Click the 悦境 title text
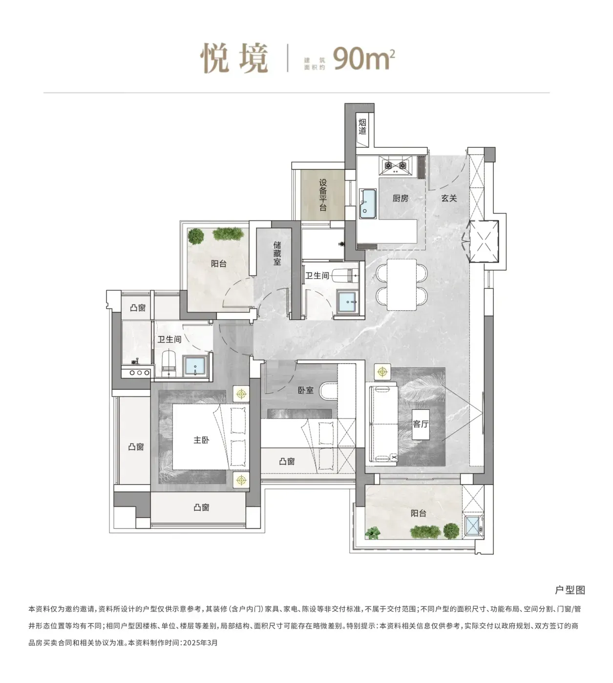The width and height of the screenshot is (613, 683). pos(234,58)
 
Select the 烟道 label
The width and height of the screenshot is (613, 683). pos(362,126)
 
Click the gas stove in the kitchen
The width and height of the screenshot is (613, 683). pos(396,165)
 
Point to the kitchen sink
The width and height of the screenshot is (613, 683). pos(367,203)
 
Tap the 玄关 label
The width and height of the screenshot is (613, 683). pos(449,198)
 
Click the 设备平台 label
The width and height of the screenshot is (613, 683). pos(323,195)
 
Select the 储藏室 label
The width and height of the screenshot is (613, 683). pos(277,253)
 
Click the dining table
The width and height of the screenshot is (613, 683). pos(402,284)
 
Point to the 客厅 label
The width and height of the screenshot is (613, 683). pos(421,424)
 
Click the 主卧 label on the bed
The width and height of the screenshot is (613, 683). pos(202,440)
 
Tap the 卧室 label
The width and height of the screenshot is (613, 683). pos(305,390)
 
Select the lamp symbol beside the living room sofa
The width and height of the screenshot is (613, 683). pos(382,372)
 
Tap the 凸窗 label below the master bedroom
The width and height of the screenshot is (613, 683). pos(202,507)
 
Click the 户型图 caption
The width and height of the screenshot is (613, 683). pos(570,590)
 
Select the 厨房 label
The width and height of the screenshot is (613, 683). pos(401,198)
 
